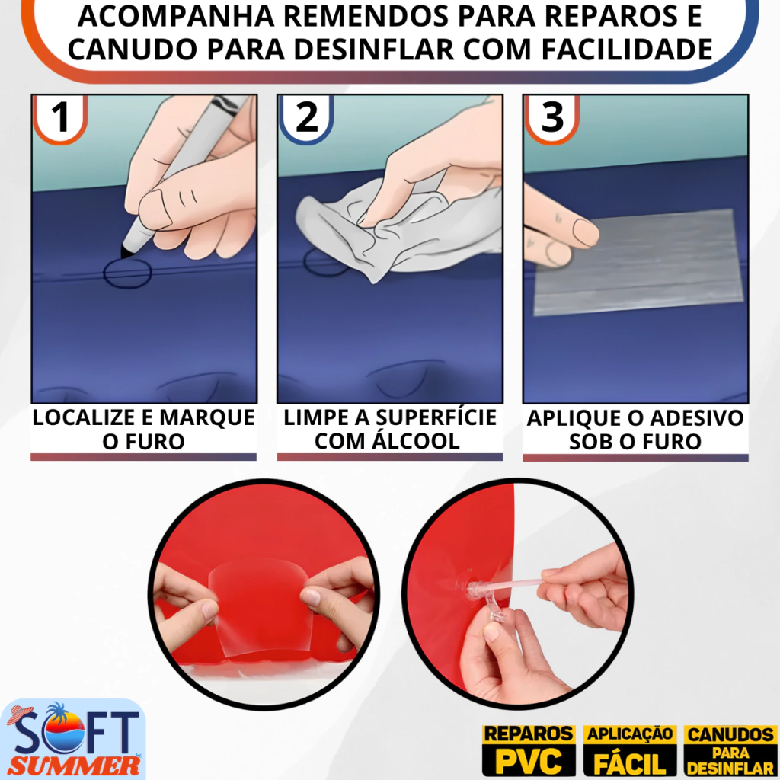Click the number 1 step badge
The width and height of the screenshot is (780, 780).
click(60, 118)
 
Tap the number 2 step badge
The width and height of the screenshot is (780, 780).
click(306, 118)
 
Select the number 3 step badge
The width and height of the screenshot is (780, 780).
click(551, 118)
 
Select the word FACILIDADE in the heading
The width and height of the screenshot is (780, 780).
click(627, 50)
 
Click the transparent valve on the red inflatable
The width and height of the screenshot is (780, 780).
click(478, 592)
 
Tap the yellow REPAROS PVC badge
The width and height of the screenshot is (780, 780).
click(529, 750)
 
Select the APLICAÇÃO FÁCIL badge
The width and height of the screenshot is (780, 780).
click(630, 750)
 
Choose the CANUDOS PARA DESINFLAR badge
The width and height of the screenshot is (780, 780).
click(730, 750)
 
